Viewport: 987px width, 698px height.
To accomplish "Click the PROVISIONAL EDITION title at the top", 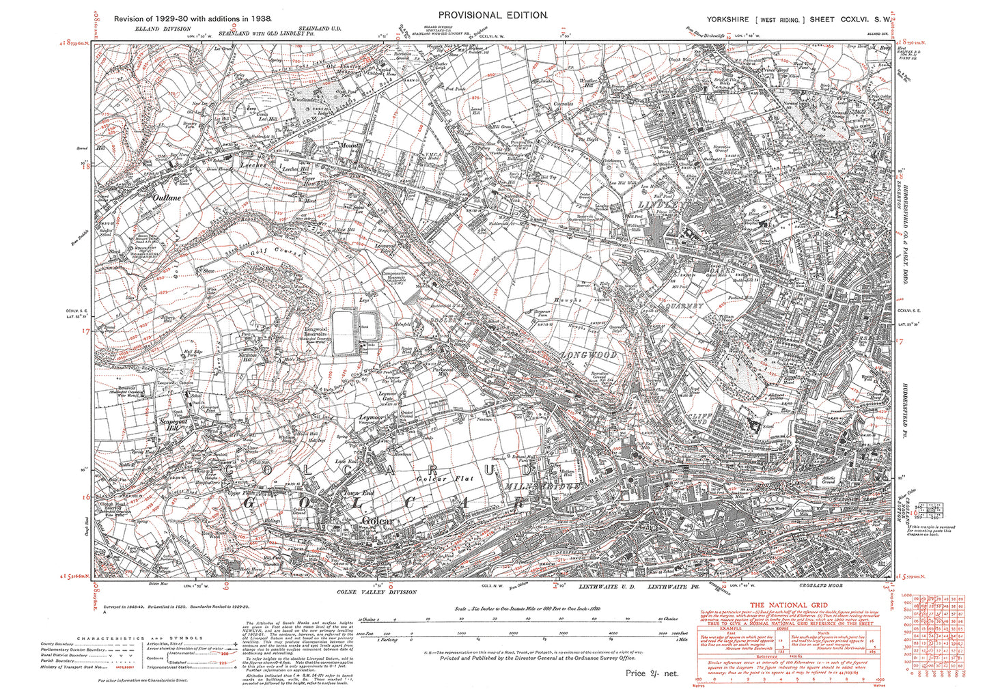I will pyautogui.click(x=492, y=15).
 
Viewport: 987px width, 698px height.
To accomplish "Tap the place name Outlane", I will pyautogui.click(x=167, y=197).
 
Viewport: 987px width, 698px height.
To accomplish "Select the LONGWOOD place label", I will pyautogui.click(x=589, y=354).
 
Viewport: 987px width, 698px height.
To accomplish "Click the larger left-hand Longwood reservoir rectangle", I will pyautogui.click(x=343, y=333).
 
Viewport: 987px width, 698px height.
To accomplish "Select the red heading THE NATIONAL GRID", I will pyautogui.click(x=789, y=605).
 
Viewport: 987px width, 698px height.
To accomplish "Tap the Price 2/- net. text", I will pyautogui.click(x=652, y=673).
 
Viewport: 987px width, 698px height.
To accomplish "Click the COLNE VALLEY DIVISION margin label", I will pyautogui.click(x=376, y=592).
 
